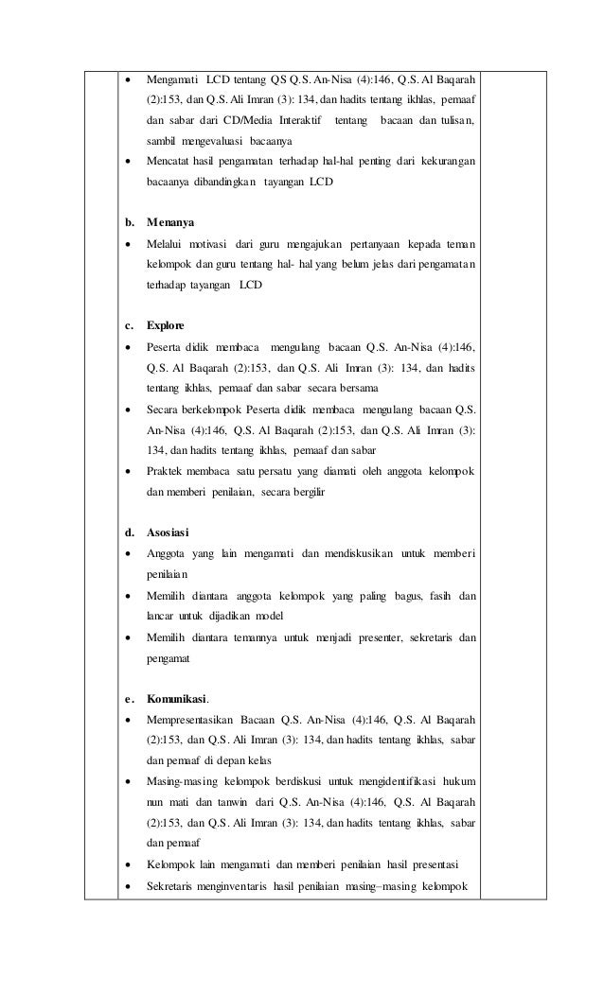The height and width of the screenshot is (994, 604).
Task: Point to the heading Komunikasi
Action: pyautogui.click(x=177, y=700)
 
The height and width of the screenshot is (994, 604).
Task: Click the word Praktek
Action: pyautogui.click(x=166, y=471)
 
